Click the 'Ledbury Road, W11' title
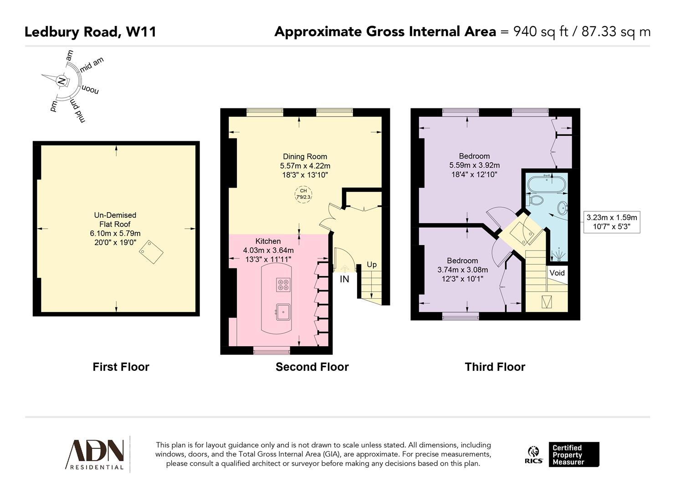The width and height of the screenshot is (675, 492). pyautogui.click(x=90, y=32)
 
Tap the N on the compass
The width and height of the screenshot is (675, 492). pyautogui.click(x=61, y=82)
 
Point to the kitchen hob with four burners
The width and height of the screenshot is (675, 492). pyautogui.click(x=283, y=285)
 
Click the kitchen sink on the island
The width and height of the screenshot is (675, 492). pyautogui.click(x=283, y=312)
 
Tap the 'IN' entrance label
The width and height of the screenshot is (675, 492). pyautogui.click(x=344, y=279)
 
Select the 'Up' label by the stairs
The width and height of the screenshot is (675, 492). pyautogui.click(x=372, y=265)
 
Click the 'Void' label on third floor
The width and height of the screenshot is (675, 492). pyautogui.click(x=557, y=273)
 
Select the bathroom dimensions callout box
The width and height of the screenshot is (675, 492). pyautogui.click(x=611, y=222)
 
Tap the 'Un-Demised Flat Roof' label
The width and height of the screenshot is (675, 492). pyautogui.click(x=115, y=220)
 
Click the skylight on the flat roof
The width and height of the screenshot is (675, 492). pyautogui.click(x=151, y=251)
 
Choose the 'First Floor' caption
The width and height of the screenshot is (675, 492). pyautogui.click(x=121, y=367)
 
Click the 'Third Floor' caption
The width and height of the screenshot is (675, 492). pyautogui.click(x=495, y=367)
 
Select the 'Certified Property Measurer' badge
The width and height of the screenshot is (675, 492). pyautogui.click(x=573, y=454)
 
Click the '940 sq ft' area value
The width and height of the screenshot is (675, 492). pyautogui.click(x=540, y=32)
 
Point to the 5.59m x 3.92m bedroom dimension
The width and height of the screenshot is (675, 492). pyautogui.click(x=474, y=165)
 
